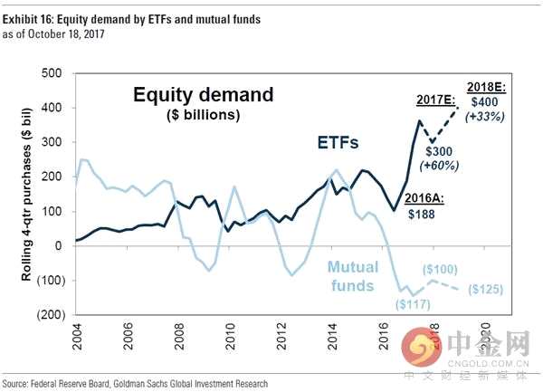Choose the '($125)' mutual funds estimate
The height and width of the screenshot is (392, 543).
click(503, 291)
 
